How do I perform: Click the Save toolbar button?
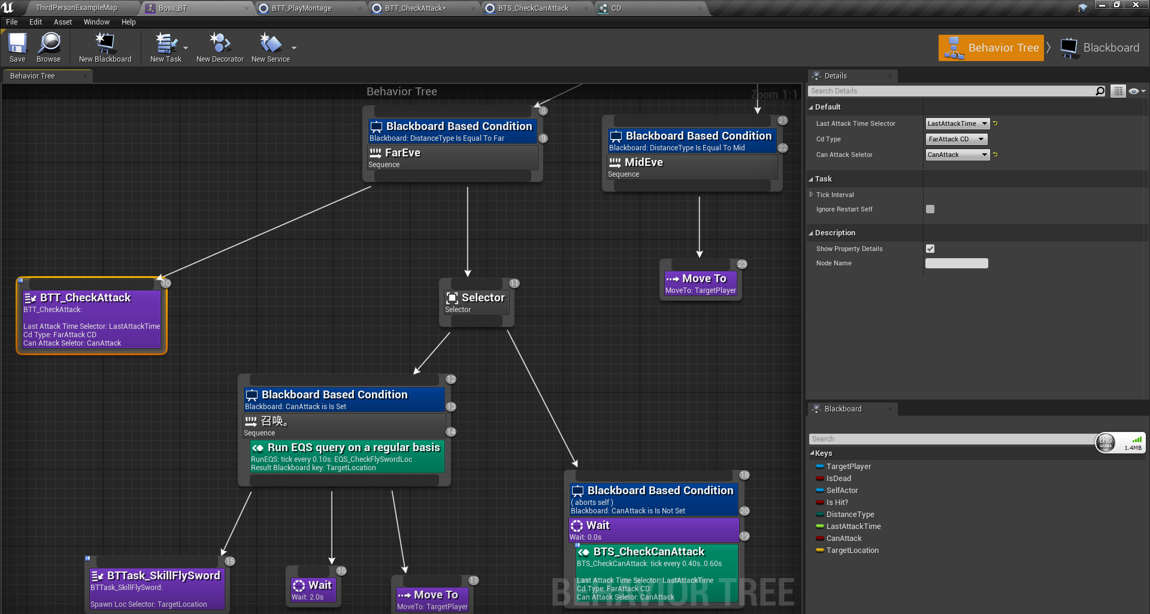[x=17, y=47]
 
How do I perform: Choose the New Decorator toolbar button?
[x=220, y=47]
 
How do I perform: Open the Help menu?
[x=128, y=22]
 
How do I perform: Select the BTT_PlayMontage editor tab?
[x=301, y=8]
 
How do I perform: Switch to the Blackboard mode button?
[x=1101, y=48]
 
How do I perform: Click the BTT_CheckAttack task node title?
[x=85, y=298]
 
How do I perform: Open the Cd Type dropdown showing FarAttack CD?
[x=956, y=139]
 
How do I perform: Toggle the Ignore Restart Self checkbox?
[x=930, y=209]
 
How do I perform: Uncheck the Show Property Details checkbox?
[x=930, y=249]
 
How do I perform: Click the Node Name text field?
[x=957, y=264]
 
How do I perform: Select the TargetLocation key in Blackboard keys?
[x=852, y=551]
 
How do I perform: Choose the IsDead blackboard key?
[x=839, y=479]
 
